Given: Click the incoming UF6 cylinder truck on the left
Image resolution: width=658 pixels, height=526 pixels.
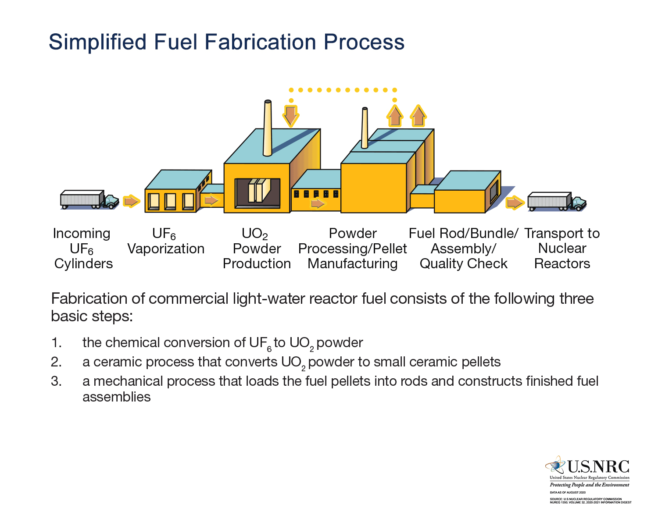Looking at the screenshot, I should pos(89,200).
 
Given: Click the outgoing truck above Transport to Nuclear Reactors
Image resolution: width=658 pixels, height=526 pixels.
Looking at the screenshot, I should pos(556,202).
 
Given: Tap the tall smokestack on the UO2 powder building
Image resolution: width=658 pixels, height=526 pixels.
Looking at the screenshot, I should pos(267,128).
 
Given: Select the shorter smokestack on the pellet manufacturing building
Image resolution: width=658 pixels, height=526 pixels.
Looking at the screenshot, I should pos(365,128).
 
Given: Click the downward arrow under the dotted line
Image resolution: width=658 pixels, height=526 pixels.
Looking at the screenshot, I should pos(290,115).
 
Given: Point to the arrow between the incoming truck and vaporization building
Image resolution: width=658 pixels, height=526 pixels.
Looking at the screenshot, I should pos(131,201).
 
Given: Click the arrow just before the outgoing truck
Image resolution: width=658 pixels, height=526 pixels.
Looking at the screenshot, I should pos(515,203).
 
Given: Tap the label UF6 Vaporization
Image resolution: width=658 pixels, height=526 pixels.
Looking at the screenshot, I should pos(165,241).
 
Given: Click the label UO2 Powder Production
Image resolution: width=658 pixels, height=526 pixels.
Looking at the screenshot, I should pos(257,249).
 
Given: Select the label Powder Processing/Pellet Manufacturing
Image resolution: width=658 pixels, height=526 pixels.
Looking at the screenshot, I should pos(353,249).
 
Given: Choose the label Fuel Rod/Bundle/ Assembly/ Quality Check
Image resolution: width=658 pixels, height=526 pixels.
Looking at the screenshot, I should pos(463,249).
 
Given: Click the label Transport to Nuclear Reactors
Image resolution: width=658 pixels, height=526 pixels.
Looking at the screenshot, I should pos(562,249).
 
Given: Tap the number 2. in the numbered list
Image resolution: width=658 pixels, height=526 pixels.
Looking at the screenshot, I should pos(56,362).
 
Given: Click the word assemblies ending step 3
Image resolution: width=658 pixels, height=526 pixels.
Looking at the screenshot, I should pos(117,397).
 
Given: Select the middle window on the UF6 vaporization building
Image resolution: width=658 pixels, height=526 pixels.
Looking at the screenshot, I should pos(170,201).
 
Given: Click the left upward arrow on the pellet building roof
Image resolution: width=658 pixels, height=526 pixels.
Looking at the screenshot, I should pos(395,116).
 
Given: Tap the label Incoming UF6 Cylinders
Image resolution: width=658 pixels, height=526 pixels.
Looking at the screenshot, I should pos(82,249).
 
